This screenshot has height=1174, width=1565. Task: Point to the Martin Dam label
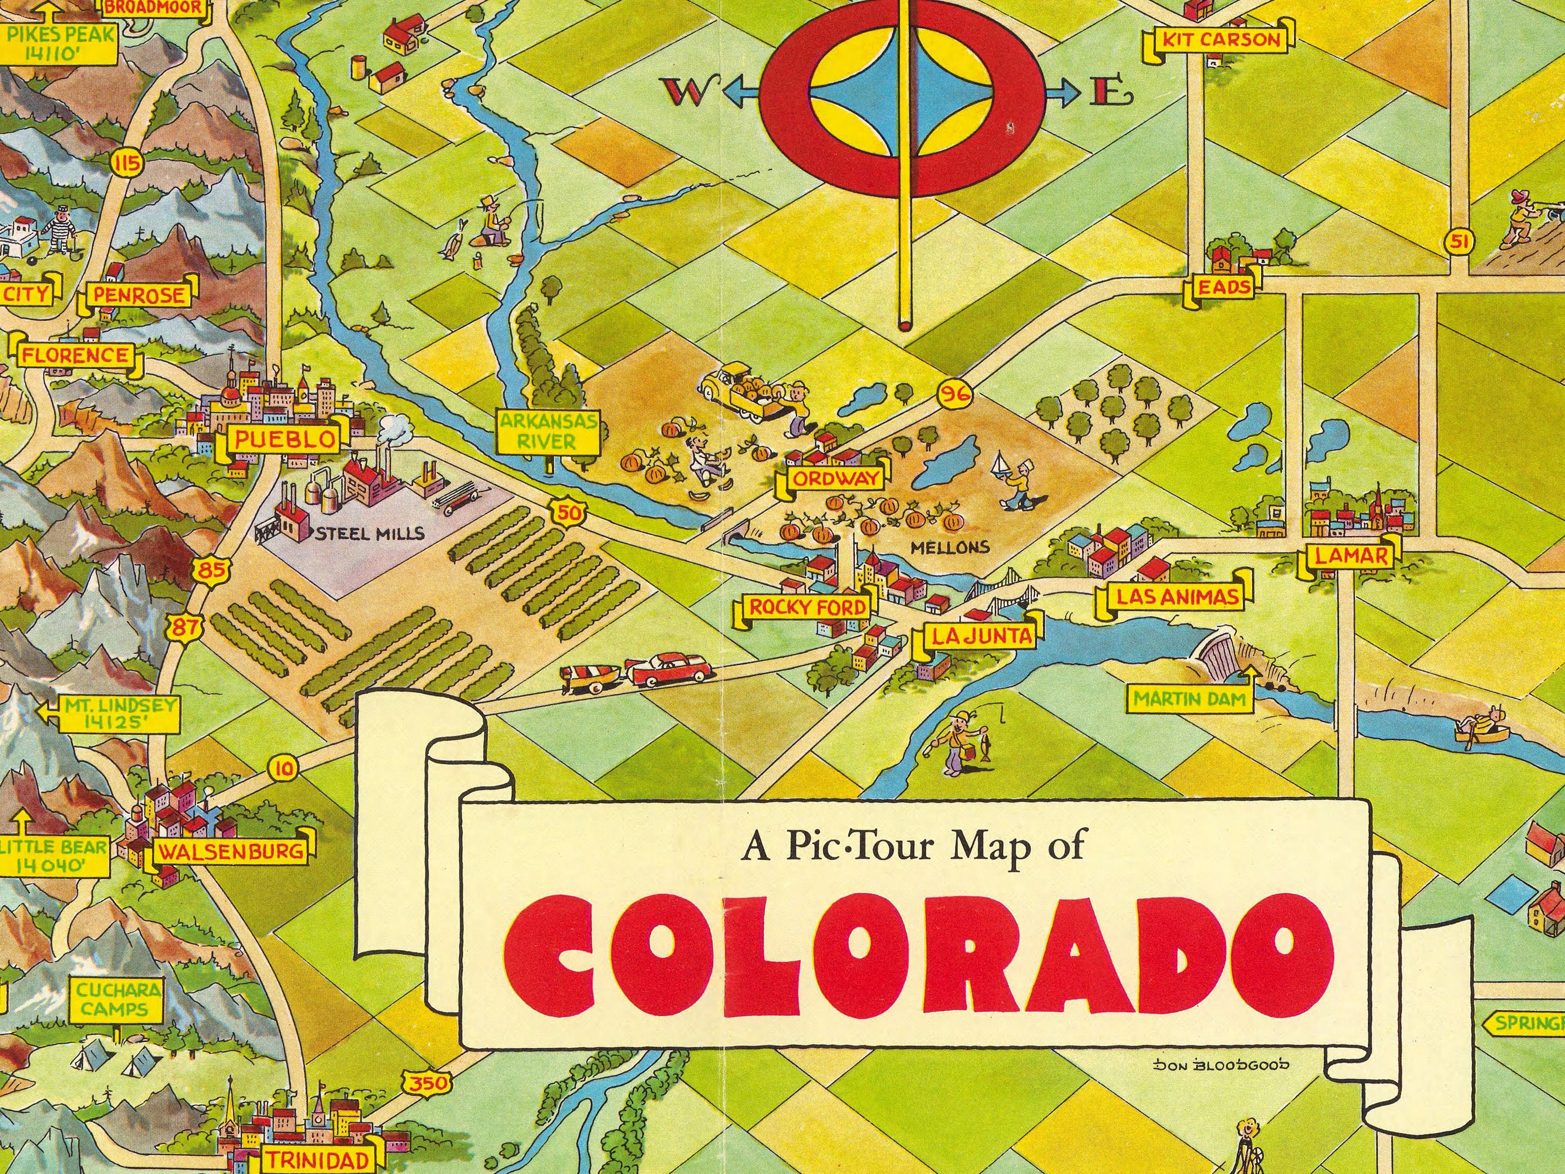tap(1189, 699)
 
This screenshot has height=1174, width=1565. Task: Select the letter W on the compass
tap(683, 92)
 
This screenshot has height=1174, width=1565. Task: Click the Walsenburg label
tap(231, 851)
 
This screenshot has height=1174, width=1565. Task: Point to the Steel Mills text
tap(370, 533)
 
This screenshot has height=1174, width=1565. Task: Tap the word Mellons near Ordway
tap(949, 547)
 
